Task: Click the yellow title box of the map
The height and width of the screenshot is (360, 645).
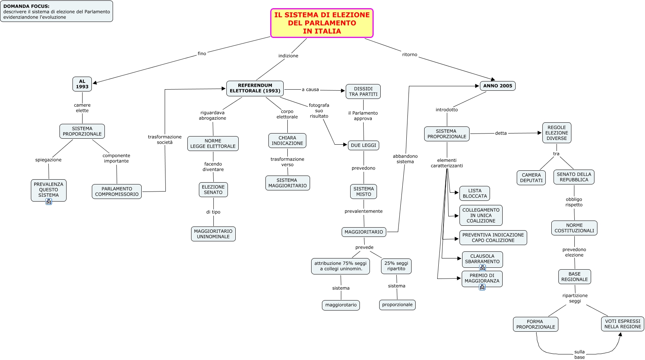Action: (322, 23)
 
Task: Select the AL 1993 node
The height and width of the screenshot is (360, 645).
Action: (82, 84)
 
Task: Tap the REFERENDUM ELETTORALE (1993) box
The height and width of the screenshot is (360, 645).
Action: (255, 88)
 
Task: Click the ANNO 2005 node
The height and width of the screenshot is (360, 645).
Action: (497, 86)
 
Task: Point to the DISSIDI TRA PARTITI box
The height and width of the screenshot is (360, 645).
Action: (363, 91)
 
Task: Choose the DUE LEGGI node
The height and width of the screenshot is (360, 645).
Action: (363, 145)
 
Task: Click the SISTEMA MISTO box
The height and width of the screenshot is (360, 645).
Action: (364, 192)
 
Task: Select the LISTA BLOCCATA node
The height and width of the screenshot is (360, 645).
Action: (475, 193)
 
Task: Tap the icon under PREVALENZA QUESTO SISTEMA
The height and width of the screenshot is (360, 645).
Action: (49, 202)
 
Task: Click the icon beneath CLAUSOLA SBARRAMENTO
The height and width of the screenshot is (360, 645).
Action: (483, 267)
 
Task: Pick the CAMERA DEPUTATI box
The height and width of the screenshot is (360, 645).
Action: (531, 178)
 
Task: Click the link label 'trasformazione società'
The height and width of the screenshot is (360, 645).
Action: (165, 139)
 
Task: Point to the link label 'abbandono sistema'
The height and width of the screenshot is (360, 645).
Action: (405, 159)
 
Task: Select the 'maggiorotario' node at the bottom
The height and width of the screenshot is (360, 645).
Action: (341, 305)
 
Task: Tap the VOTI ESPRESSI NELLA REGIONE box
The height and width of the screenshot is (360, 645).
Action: (623, 324)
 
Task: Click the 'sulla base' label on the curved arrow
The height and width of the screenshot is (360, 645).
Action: (580, 354)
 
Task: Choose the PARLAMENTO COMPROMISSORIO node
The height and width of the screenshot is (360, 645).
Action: (117, 192)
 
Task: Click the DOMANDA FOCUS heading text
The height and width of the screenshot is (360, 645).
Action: (26, 6)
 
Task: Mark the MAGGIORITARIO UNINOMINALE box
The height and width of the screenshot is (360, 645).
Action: (213, 234)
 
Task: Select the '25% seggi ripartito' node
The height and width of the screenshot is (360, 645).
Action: (396, 266)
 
